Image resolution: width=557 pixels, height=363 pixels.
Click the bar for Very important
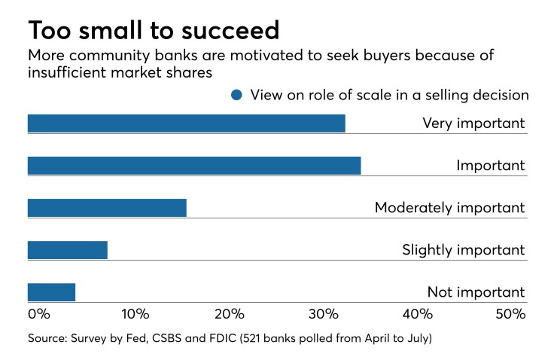tap(186, 124)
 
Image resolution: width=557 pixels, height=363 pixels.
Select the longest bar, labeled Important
tap(194, 166)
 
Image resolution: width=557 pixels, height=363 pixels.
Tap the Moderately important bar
tap(107, 208)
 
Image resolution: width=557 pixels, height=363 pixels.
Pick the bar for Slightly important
tap(68, 250)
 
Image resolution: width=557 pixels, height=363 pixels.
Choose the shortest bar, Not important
tap(51, 292)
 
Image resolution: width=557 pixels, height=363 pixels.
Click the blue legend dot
tap(238, 95)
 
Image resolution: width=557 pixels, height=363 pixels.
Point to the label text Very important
tap(473, 124)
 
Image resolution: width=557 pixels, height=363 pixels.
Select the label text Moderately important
tap(449, 208)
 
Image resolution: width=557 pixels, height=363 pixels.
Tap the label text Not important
tap(475, 292)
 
